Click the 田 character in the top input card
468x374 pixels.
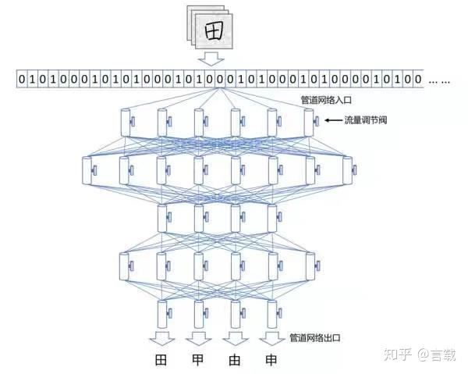[212, 30]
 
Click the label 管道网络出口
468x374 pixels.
[314, 337]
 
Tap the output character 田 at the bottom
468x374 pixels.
[161, 361]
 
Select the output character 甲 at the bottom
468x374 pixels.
[197, 361]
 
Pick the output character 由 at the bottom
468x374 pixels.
[235, 361]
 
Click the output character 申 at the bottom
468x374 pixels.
[271, 361]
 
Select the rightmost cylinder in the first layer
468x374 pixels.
[309, 121]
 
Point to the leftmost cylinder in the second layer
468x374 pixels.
[87, 169]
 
